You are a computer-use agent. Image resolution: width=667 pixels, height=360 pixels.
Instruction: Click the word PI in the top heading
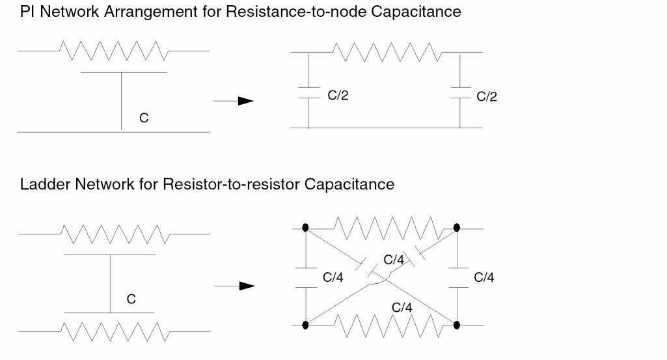27,12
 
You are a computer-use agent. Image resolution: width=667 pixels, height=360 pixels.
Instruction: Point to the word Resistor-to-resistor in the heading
242,184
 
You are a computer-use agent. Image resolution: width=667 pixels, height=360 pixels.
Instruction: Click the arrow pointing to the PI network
232,101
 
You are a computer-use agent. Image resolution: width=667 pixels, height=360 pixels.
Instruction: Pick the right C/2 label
487,96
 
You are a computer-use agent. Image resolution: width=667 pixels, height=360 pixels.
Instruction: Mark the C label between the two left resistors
131,299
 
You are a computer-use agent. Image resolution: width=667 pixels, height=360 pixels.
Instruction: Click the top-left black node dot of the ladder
306,228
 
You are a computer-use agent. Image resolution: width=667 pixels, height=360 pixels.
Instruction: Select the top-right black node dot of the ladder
457,228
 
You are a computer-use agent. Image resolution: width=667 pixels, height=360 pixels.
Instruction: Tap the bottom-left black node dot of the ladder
306,324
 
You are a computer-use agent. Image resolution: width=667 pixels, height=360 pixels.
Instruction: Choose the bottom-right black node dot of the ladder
457,324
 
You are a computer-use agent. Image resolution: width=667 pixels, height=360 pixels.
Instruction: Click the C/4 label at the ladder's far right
484,278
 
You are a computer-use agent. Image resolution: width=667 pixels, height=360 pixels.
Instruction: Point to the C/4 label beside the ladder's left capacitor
334,278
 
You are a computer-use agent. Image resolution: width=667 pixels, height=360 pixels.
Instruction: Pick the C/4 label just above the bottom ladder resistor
401,306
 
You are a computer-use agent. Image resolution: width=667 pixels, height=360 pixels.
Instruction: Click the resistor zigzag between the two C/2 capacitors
384,49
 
